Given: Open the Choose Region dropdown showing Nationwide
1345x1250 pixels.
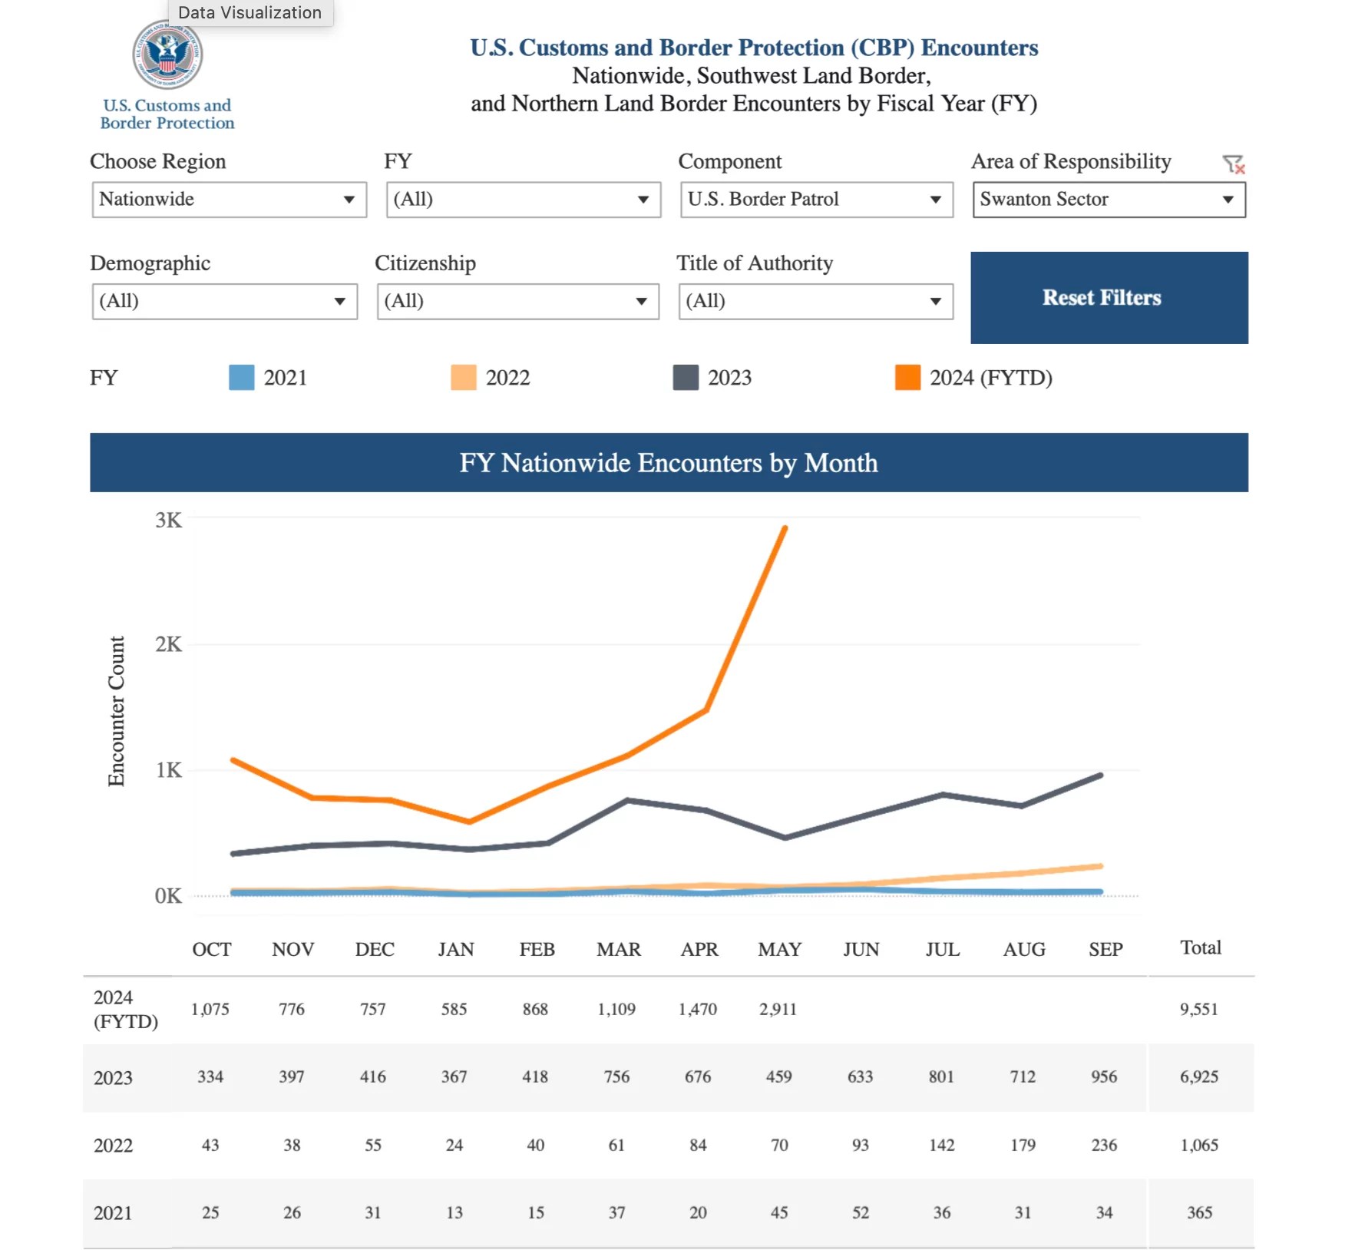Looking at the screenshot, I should pos(229,200).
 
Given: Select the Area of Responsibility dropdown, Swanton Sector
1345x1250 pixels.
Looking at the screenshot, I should pos(1108,200).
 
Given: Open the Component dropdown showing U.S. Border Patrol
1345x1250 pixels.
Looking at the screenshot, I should pos(816,200).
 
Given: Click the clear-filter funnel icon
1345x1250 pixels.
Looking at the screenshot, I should pos(1232,164).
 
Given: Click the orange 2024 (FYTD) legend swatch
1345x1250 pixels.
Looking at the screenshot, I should pos(907,378).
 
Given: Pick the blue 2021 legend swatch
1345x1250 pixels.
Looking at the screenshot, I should pos(241,378).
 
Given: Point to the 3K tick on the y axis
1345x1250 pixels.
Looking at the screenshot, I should pos(169,521).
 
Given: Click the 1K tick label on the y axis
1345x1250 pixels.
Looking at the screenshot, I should pos(169,770).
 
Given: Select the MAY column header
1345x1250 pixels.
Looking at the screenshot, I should pos(779,950).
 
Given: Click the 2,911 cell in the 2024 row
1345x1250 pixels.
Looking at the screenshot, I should pos(778,1009).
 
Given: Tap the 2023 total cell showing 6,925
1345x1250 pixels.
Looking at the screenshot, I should pos(1198,1076).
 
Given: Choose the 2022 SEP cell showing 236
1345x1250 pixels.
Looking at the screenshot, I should pos(1104,1145).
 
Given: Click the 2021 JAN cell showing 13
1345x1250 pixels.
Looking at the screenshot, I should pos(454,1212).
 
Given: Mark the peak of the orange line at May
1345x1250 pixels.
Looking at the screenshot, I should pos(785,528).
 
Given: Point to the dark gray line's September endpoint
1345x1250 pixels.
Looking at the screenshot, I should pos(1101,775).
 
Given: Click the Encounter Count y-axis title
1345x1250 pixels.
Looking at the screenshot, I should pos(116,711).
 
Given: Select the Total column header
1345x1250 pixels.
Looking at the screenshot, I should pos(1200,947).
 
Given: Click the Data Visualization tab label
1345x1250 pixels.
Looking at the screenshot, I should pos(250,12).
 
